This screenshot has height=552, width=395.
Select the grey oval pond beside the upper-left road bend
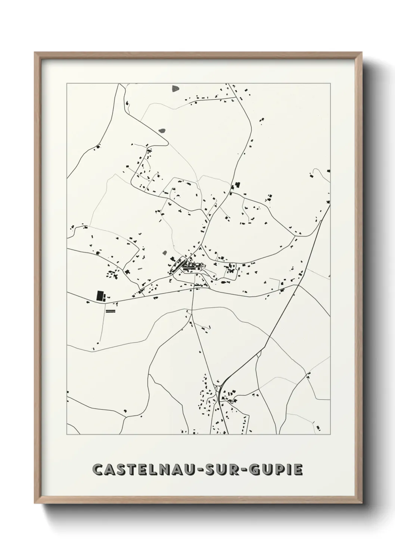click(162, 131)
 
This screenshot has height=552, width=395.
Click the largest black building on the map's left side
click(100, 296)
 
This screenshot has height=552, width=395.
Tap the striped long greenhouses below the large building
click(111, 310)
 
